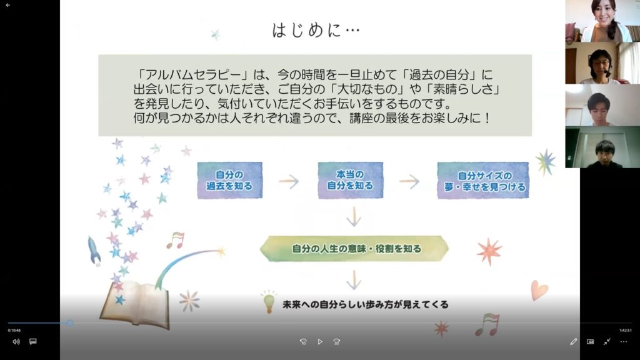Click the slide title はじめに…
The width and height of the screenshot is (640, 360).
(x=316, y=30)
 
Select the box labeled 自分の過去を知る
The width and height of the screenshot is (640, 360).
(x=230, y=181)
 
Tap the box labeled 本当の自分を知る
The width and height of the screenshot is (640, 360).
(x=350, y=180)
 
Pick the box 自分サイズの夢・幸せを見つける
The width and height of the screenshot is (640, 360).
(x=483, y=181)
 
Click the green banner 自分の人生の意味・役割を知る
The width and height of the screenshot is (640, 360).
(x=354, y=249)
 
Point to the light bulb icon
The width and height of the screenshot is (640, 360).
(x=269, y=302)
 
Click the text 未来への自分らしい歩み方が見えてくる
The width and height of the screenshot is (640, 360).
(x=365, y=304)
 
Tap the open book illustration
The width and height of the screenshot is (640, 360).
(x=136, y=305)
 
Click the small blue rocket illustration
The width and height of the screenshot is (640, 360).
(x=94, y=250)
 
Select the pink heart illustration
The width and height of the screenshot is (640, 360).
(x=539, y=290)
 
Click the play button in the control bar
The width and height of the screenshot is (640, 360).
(x=320, y=342)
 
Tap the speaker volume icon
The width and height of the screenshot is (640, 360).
(x=16, y=342)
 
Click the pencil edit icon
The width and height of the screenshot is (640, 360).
(x=574, y=342)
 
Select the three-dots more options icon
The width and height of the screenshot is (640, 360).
(x=623, y=342)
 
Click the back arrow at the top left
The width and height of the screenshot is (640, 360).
(x=7, y=5)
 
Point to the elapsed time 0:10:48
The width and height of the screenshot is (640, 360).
(x=14, y=331)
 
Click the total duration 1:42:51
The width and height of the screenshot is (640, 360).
(x=625, y=331)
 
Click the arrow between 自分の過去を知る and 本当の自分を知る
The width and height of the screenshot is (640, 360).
(x=289, y=181)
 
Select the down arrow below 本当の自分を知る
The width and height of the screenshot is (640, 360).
(x=354, y=216)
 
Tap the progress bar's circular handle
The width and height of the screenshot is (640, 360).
(x=70, y=323)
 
